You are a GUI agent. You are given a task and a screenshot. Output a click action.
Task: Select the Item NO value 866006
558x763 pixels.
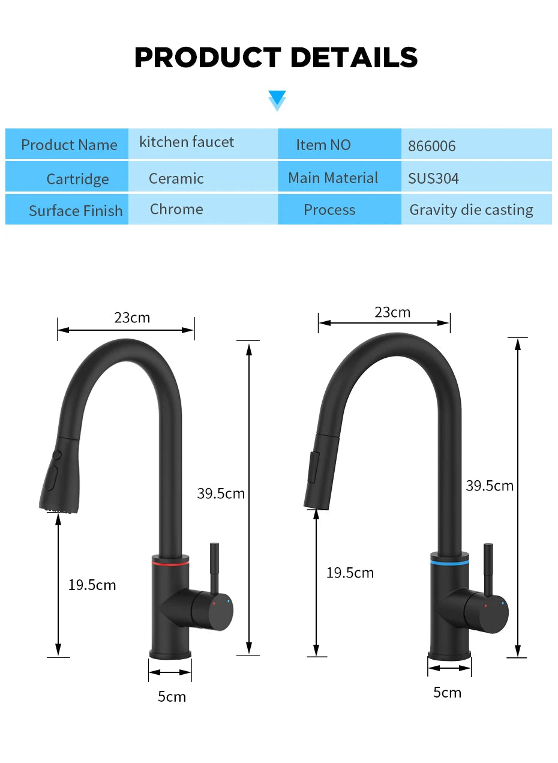(x=432, y=146)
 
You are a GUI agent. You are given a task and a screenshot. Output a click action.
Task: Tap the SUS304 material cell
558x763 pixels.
(x=434, y=178)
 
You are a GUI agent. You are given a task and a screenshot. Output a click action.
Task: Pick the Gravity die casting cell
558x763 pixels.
(x=471, y=210)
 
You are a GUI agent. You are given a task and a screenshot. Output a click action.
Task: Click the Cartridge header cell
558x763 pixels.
(x=77, y=179)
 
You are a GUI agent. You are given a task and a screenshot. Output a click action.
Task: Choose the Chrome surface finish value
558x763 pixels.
(x=176, y=210)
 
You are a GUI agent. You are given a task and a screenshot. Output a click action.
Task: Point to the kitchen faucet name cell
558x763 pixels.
(x=187, y=142)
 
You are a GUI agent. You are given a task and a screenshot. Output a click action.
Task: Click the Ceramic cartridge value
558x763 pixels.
(x=176, y=178)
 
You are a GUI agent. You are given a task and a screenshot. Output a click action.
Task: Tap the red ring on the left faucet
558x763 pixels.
(x=170, y=564)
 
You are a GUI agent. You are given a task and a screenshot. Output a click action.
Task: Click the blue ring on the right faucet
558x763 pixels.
(x=449, y=563)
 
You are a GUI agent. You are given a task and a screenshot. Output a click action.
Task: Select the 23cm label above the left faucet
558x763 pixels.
(x=132, y=318)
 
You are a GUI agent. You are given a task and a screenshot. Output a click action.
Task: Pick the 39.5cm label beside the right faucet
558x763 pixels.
(x=490, y=486)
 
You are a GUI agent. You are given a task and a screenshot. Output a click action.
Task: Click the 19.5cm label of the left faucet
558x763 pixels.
(x=92, y=585)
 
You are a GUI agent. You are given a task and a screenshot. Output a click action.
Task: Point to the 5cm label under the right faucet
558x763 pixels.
(x=447, y=692)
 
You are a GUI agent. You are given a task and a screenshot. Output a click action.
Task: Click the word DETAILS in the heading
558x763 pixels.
(x=354, y=58)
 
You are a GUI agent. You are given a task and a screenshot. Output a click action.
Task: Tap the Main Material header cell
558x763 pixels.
(x=333, y=178)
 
